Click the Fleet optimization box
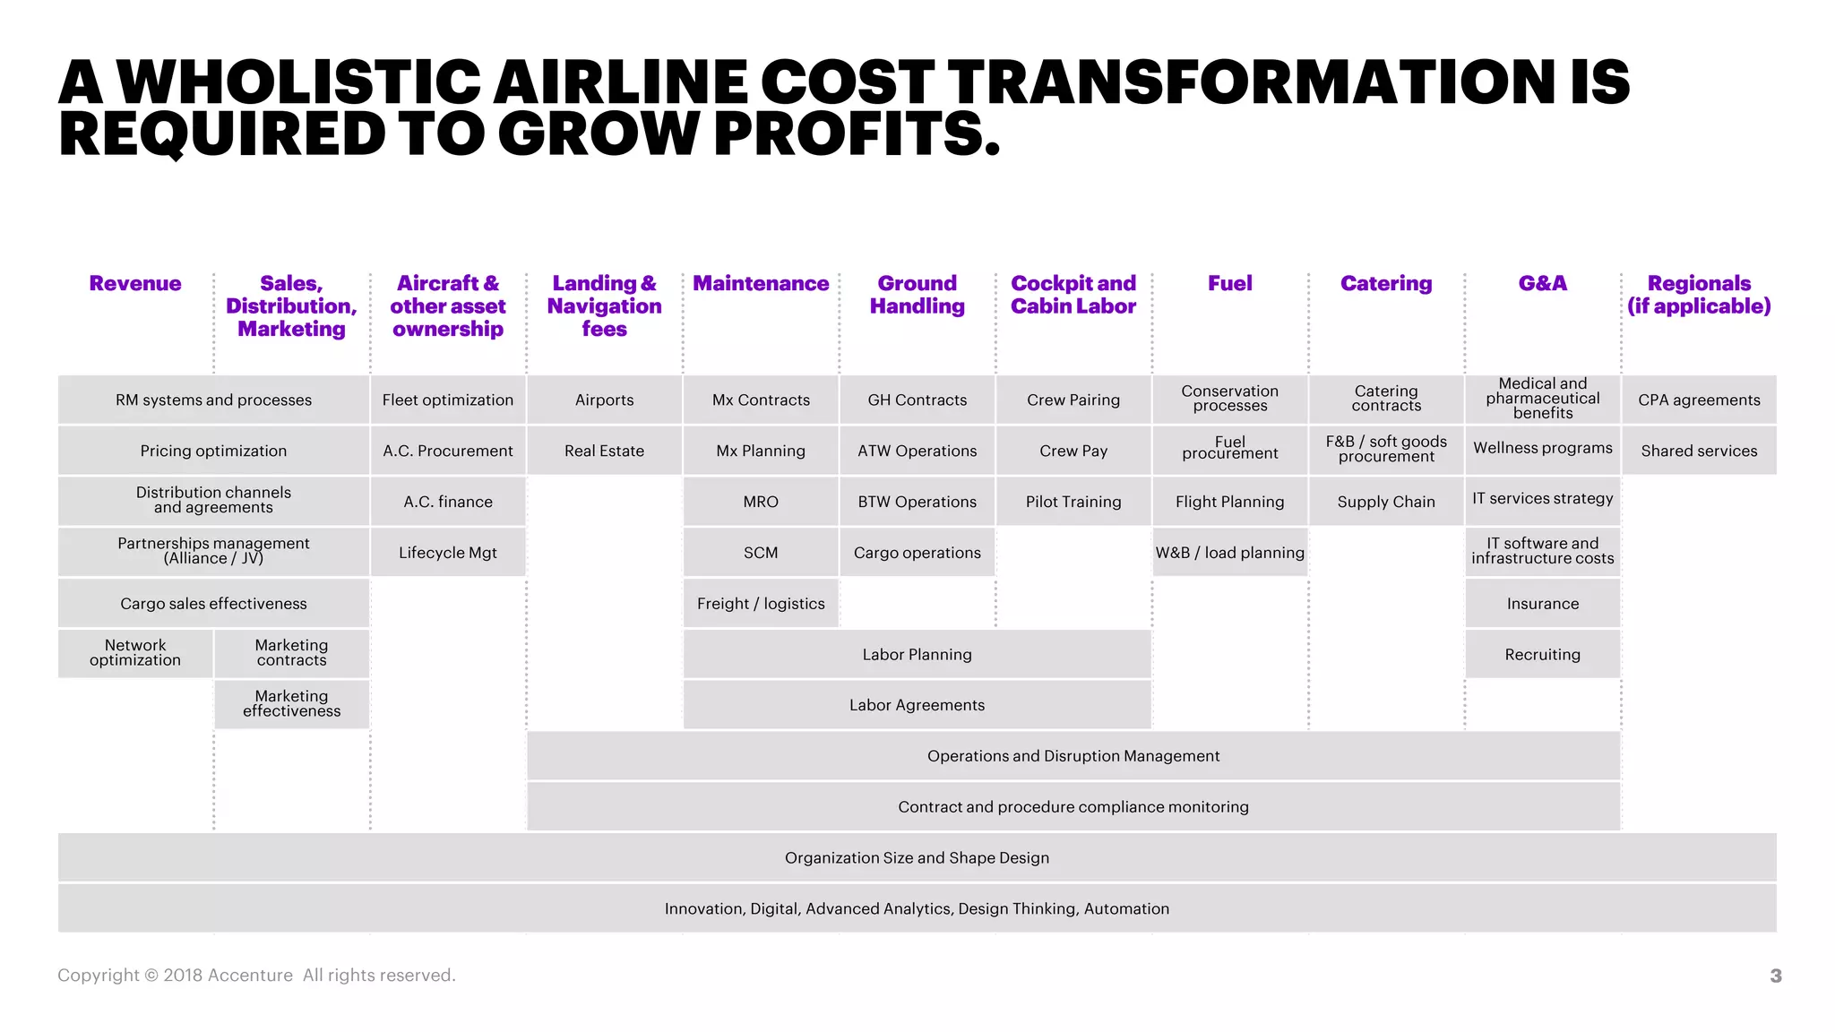click(x=447, y=400)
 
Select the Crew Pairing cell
click(x=1073, y=400)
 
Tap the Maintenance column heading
click(x=761, y=283)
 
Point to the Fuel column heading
click(x=1229, y=283)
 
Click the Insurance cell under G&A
click(x=1542, y=604)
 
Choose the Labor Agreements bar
click(x=917, y=705)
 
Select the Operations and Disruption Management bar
click(x=1073, y=756)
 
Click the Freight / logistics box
click(x=761, y=604)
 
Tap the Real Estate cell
click(x=604, y=451)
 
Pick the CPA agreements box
click(x=1699, y=400)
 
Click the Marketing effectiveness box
click(x=291, y=704)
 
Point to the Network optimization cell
click(x=135, y=653)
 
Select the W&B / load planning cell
click(x=1229, y=553)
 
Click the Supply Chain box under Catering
click(x=1386, y=502)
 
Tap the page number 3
click(x=1775, y=976)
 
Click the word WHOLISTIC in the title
click(x=299, y=82)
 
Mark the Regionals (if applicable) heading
click(x=1699, y=295)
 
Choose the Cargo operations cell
click(x=917, y=553)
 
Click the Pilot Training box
click(x=1073, y=502)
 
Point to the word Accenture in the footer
click(x=250, y=976)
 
